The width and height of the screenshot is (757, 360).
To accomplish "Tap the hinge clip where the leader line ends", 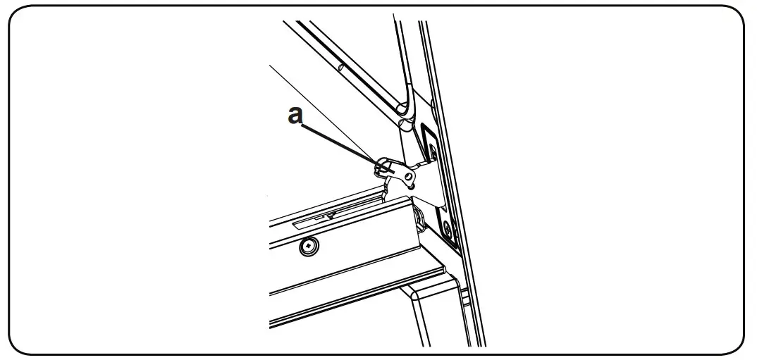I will click(382, 168).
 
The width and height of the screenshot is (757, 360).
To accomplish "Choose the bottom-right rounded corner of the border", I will click(737, 344).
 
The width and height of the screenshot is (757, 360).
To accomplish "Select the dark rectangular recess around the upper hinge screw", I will click(429, 144).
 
